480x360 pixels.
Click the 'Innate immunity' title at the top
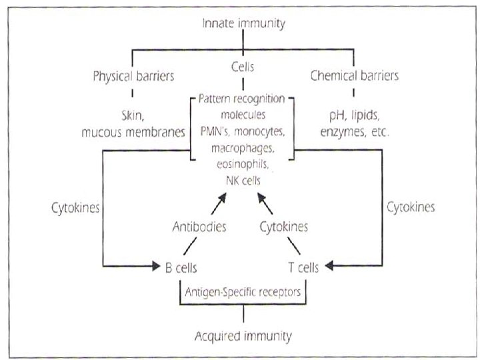click(243, 24)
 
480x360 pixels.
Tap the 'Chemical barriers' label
click(355, 76)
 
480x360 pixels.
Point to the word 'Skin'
click(134, 115)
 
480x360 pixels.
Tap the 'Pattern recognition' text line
click(242, 99)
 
